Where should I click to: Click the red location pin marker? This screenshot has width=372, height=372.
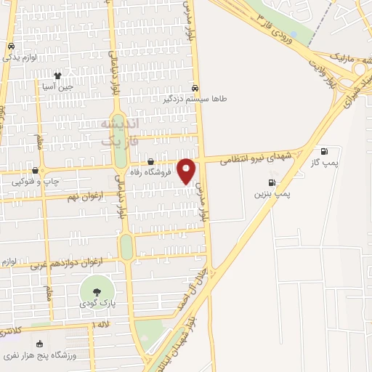[x=187, y=170]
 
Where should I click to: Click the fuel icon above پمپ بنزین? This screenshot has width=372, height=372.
[x=272, y=182]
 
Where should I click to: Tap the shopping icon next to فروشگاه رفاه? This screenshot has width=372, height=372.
[x=150, y=162]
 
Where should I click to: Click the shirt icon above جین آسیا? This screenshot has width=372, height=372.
[x=57, y=74]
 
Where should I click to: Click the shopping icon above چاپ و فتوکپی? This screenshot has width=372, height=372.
[x=34, y=171]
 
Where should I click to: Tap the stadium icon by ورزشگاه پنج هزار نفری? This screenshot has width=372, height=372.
[x=39, y=344]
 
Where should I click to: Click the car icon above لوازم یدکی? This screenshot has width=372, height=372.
[x=12, y=46]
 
